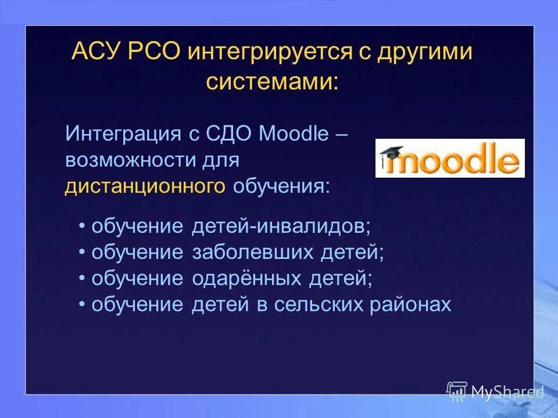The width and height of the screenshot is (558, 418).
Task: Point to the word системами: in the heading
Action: click(x=271, y=81)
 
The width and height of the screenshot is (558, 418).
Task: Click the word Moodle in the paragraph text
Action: click(x=294, y=134)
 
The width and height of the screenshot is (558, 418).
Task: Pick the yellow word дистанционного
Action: click(x=145, y=186)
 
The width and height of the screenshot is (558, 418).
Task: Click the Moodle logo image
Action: click(x=450, y=158)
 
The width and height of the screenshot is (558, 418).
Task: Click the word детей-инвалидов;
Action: click(x=281, y=226)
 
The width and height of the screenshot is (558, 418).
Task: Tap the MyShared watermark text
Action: click(x=507, y=392)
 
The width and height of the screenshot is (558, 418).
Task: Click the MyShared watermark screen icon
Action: click(x=457, y=391)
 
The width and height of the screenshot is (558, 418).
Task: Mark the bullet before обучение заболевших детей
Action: click(x=83, y=253)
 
